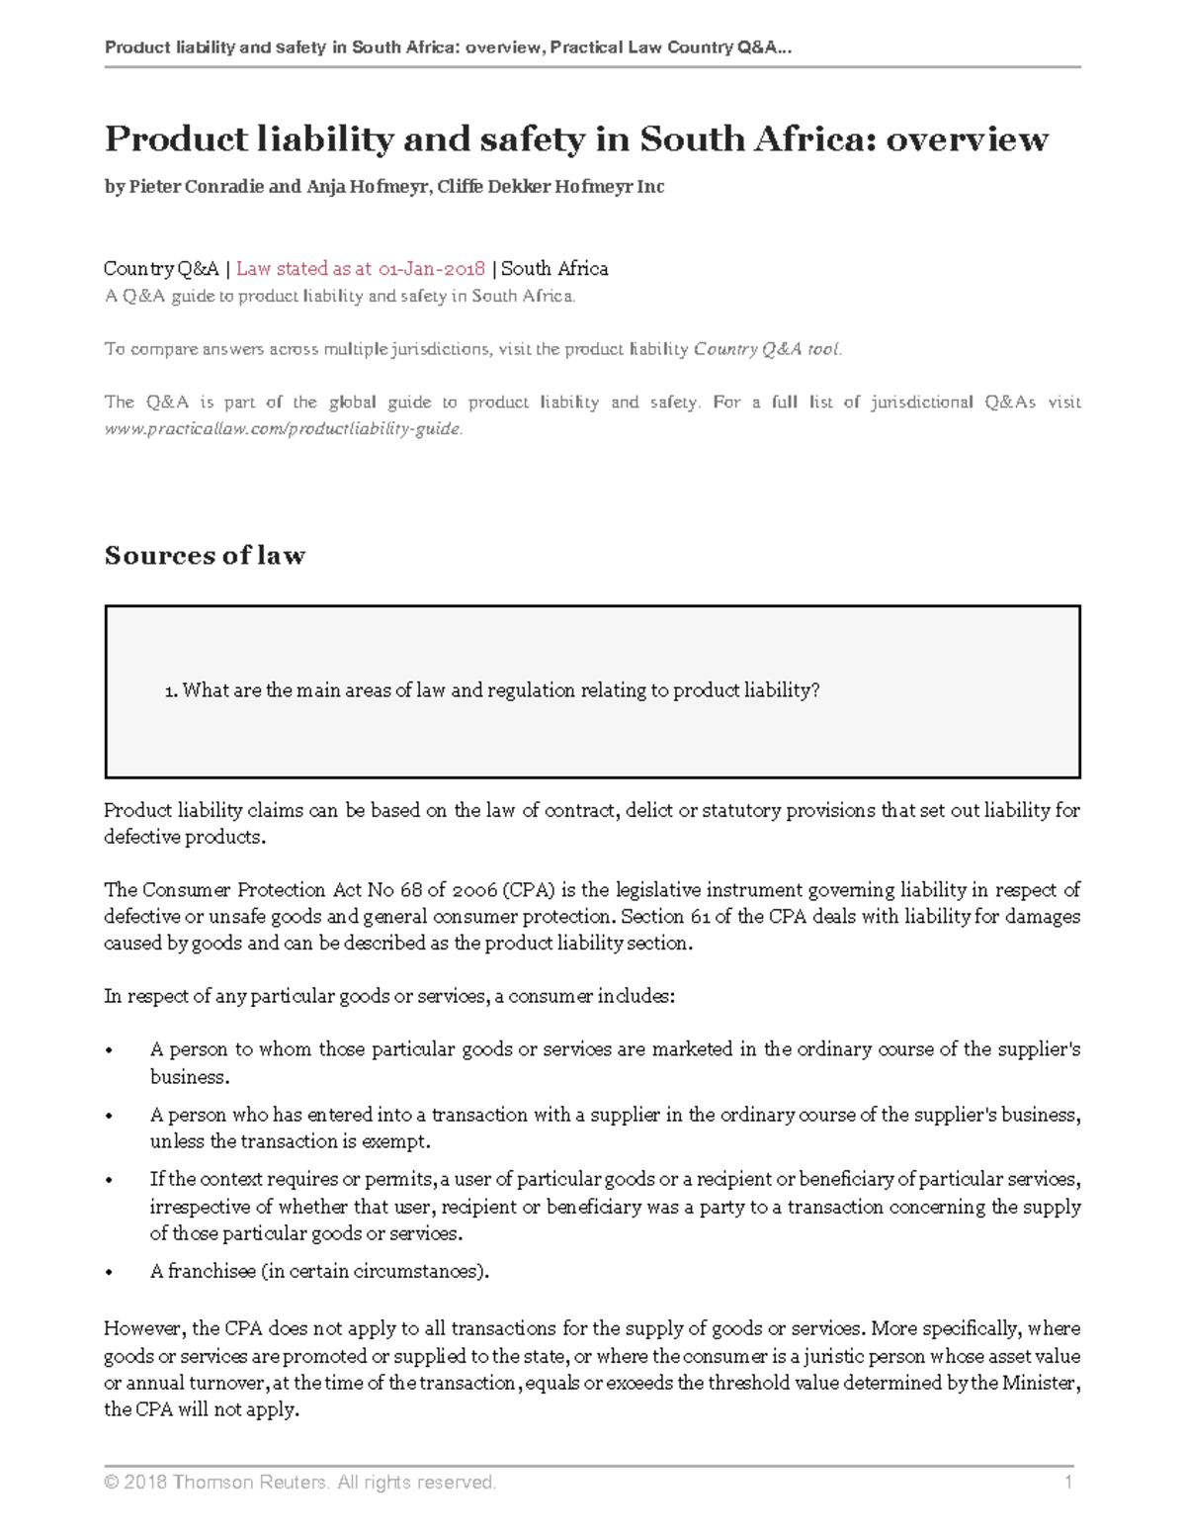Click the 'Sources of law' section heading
205,556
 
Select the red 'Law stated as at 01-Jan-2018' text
361,269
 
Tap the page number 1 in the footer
1067,1482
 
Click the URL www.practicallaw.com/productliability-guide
283,429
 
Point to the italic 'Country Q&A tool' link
767,349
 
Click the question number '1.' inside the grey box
171,691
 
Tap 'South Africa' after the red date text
554,269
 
